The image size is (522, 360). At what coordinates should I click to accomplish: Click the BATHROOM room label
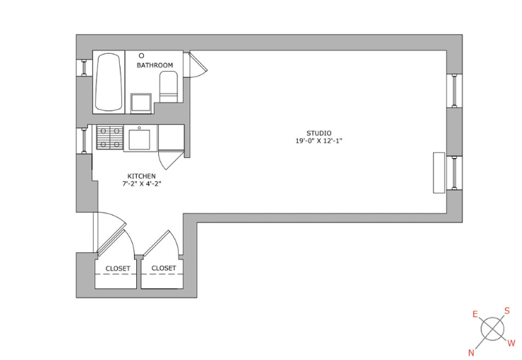pyautogui.click(x=155, y=65)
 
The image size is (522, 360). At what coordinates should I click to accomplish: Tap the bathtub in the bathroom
pyautogui.click(x=109, y=82)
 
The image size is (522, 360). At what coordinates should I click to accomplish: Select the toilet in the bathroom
pyautogui.click(x=169, y=87)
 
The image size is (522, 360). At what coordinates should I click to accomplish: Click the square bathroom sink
pyautogui.click(x=141, y=103)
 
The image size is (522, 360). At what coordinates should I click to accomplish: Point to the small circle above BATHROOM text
pyautogui.click(x=141, y=55)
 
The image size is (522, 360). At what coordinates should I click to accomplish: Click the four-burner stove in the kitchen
pyautogui.click(x=110, y=137)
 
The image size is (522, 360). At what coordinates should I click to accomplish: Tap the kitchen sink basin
pyautogui.click(x=139, y=140)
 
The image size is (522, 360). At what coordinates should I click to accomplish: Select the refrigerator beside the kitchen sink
pyautogui.click(x=171, y=137)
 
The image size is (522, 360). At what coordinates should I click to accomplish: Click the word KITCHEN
pyautogui.click(x=141, y=176)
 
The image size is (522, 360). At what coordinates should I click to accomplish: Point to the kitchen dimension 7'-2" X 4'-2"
pyautogui.click(x=141, y=184)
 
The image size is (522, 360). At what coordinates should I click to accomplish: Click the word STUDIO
pyautogui.click(x=319, y=133)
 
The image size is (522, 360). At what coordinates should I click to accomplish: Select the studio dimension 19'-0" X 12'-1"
pyautogui.click(x=319, y=141)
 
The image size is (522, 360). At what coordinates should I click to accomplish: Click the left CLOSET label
pyautogui.click(x=118, y=269)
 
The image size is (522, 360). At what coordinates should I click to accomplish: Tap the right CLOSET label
pyautogui.click(x=163, y=268)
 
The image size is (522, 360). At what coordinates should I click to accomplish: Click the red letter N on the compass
pyautogui.click(x=472, y=352)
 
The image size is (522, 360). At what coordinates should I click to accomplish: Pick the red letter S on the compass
pyautogui.click(x=506, y=311)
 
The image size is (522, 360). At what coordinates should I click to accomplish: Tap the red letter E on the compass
pyautogui.click(x=475, y=314)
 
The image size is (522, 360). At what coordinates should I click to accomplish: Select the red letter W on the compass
pyautogui.click(x=511, y=343)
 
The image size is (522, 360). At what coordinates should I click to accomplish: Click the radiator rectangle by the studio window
pyautogui.click(x=439, y=173)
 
